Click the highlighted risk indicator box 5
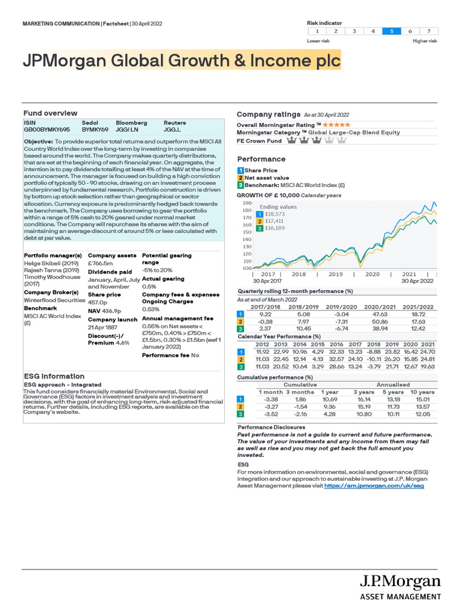[x=391, y=31]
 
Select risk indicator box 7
[x=428, y=31]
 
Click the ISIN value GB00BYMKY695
[x=47, y=129]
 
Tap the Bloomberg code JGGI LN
[x=127, y=129]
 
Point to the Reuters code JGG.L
[x=173, y=129]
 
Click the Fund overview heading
[x=50, y=113]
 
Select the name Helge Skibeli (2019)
[x=47, y=263]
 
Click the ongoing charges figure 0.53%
[x=150, y=309]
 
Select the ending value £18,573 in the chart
[x=276, y=214]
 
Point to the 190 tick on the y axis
[x=247, y=204]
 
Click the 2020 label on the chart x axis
[x=372, y=275]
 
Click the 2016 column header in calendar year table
[x=336, y=344]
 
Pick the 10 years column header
[x=422, y=391]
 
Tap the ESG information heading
[x=54, y=376]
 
